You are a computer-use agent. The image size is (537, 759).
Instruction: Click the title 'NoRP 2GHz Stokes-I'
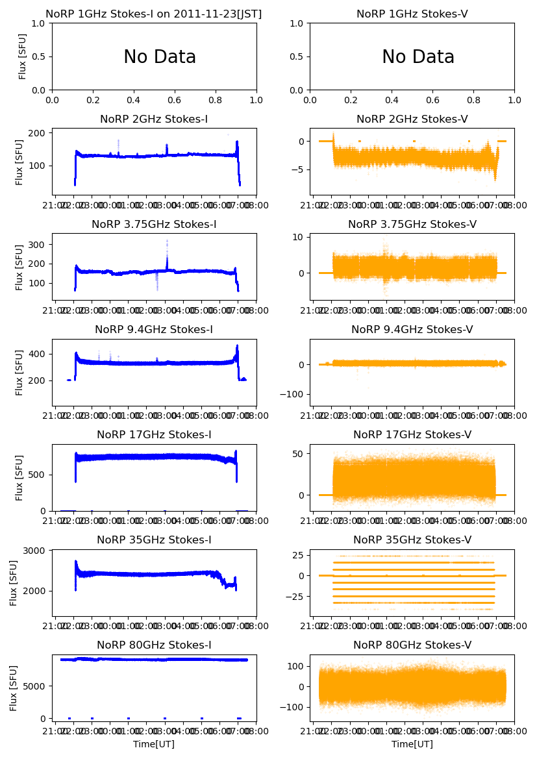pos(154,119)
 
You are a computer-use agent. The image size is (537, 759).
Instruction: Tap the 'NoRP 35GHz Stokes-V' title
pos(412,540)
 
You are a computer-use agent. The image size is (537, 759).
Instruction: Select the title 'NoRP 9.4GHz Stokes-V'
pos(412,330)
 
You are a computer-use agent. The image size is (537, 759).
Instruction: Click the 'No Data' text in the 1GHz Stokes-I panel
pos(160,57)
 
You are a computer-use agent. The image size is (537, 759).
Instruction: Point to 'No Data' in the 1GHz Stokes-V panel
pos(418,57)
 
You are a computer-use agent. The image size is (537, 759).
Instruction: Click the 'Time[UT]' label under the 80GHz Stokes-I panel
pos(154,744)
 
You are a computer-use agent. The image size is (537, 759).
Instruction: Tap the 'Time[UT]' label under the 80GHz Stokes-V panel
pos(412,744)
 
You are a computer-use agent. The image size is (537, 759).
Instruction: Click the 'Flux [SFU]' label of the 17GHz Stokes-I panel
pos(19,478)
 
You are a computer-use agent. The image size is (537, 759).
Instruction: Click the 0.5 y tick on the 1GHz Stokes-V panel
pos(297,56)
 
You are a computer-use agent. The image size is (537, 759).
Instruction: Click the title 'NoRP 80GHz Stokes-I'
pos(154,645)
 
